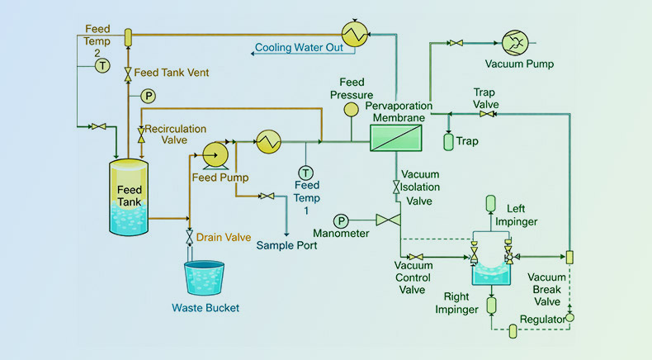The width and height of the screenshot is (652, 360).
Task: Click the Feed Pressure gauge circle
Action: [352, 109]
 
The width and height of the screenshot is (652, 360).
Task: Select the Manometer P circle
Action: [342, 220]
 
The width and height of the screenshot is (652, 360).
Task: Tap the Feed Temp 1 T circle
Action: [306, 173]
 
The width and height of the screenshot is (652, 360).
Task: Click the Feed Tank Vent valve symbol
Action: [128, 73]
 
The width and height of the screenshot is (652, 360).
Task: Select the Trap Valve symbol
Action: [487, 113]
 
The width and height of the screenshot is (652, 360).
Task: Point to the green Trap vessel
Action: [448, 141]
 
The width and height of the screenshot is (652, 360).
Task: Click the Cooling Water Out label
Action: [298, 48]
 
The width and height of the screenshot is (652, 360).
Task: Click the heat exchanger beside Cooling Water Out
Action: [356, 34]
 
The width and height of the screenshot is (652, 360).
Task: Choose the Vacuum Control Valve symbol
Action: [417, 257]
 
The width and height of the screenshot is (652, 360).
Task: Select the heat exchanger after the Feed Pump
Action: [268, 142]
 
